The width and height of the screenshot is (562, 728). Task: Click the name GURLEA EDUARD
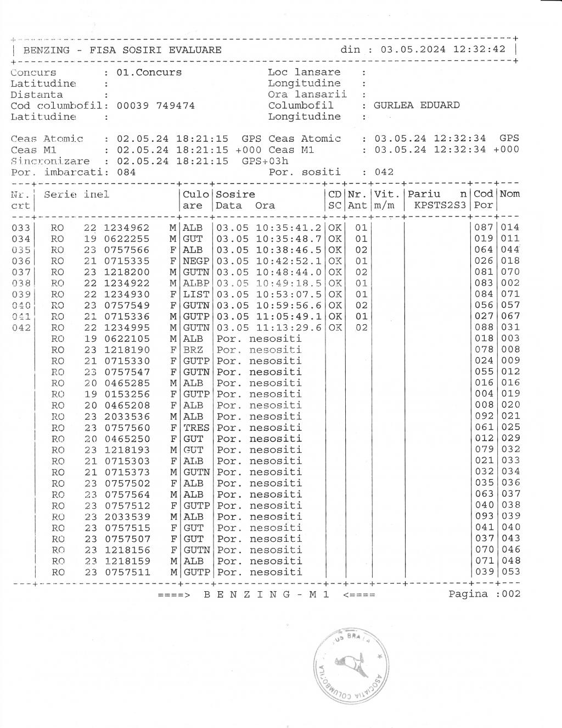[416, 105]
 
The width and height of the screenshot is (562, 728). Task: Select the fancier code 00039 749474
[156, 105]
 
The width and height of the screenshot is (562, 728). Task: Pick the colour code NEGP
[196, 261]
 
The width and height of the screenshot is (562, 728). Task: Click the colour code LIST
[196, 294]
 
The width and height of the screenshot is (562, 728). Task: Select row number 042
[21, 327]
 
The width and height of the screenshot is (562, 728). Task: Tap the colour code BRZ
[193, 350]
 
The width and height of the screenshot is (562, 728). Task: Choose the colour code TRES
[196, 427]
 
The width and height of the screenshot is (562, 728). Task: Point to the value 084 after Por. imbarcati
[126, 172]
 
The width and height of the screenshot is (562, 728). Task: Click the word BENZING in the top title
[46, 50]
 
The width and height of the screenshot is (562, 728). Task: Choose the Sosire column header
[236, 194]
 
